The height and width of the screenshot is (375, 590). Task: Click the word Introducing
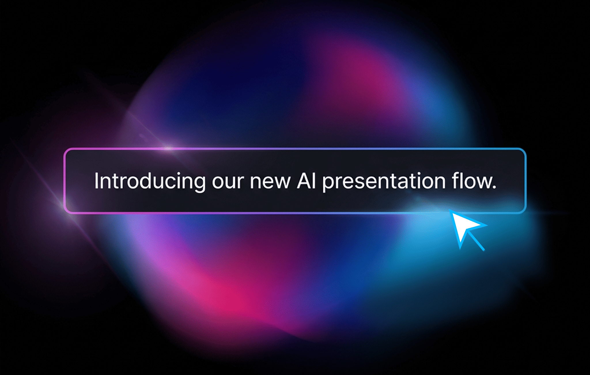pyautogui.click(x=150, y=181)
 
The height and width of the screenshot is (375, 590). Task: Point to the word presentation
pyautogui.click(x=384, y=182)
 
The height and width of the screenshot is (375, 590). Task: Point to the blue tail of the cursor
pyautogui.click(x=477, y=242)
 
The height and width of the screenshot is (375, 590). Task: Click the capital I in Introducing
pyautogui.click(x=97, y=181)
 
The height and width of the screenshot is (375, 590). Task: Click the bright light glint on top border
pyautogui.click(x=168, y=149)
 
